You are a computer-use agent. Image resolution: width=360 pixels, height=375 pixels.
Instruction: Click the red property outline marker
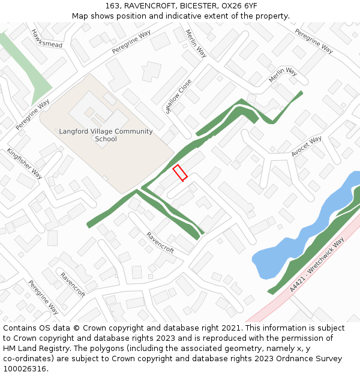coord(180,172)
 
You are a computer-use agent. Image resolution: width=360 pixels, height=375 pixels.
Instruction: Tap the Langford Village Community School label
coord(106,135)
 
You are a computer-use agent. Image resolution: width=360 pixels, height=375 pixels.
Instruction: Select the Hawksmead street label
coord(47,39)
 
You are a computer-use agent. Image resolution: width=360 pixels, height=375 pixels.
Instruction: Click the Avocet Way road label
coord(307,146)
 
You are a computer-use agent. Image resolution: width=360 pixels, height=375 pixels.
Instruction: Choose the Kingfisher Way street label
coord(25,163)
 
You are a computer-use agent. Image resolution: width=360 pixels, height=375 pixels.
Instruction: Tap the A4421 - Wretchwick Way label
coord(317,265)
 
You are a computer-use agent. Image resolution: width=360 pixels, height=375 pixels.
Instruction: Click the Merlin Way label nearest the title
coord(196,43)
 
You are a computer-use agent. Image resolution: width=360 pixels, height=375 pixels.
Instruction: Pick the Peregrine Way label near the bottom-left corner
coord(43,297)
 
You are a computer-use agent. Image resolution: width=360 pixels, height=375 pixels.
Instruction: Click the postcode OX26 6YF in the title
coord(241,6)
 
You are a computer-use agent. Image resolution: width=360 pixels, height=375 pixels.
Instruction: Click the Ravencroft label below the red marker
coord(160,242)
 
